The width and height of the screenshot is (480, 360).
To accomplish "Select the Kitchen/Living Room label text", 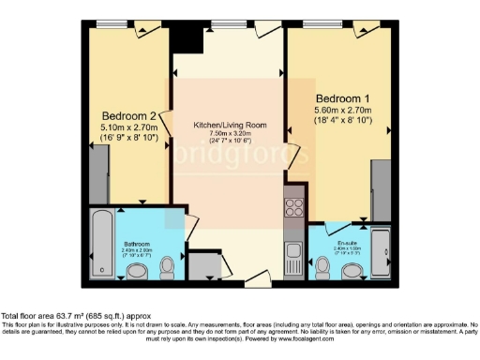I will pyautogui.click(x=229, y=125).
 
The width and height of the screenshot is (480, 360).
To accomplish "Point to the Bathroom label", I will pyautogui.click(x=136, y=241).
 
